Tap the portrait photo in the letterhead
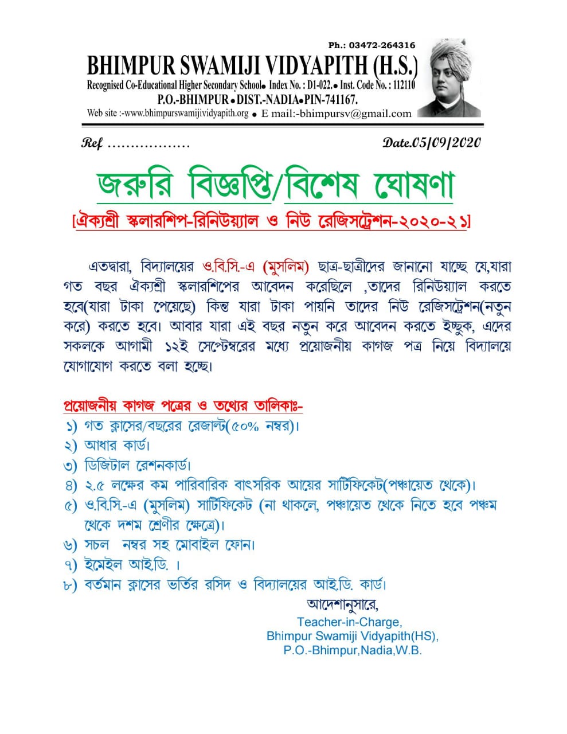tap(449, 78)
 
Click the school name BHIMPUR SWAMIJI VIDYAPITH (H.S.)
tap(252, 66)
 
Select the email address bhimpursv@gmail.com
tap(355, 114)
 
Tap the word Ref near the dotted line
tap(92, 143)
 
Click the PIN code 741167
tap(341, 99)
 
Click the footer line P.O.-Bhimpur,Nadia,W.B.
tap(352, 651)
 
